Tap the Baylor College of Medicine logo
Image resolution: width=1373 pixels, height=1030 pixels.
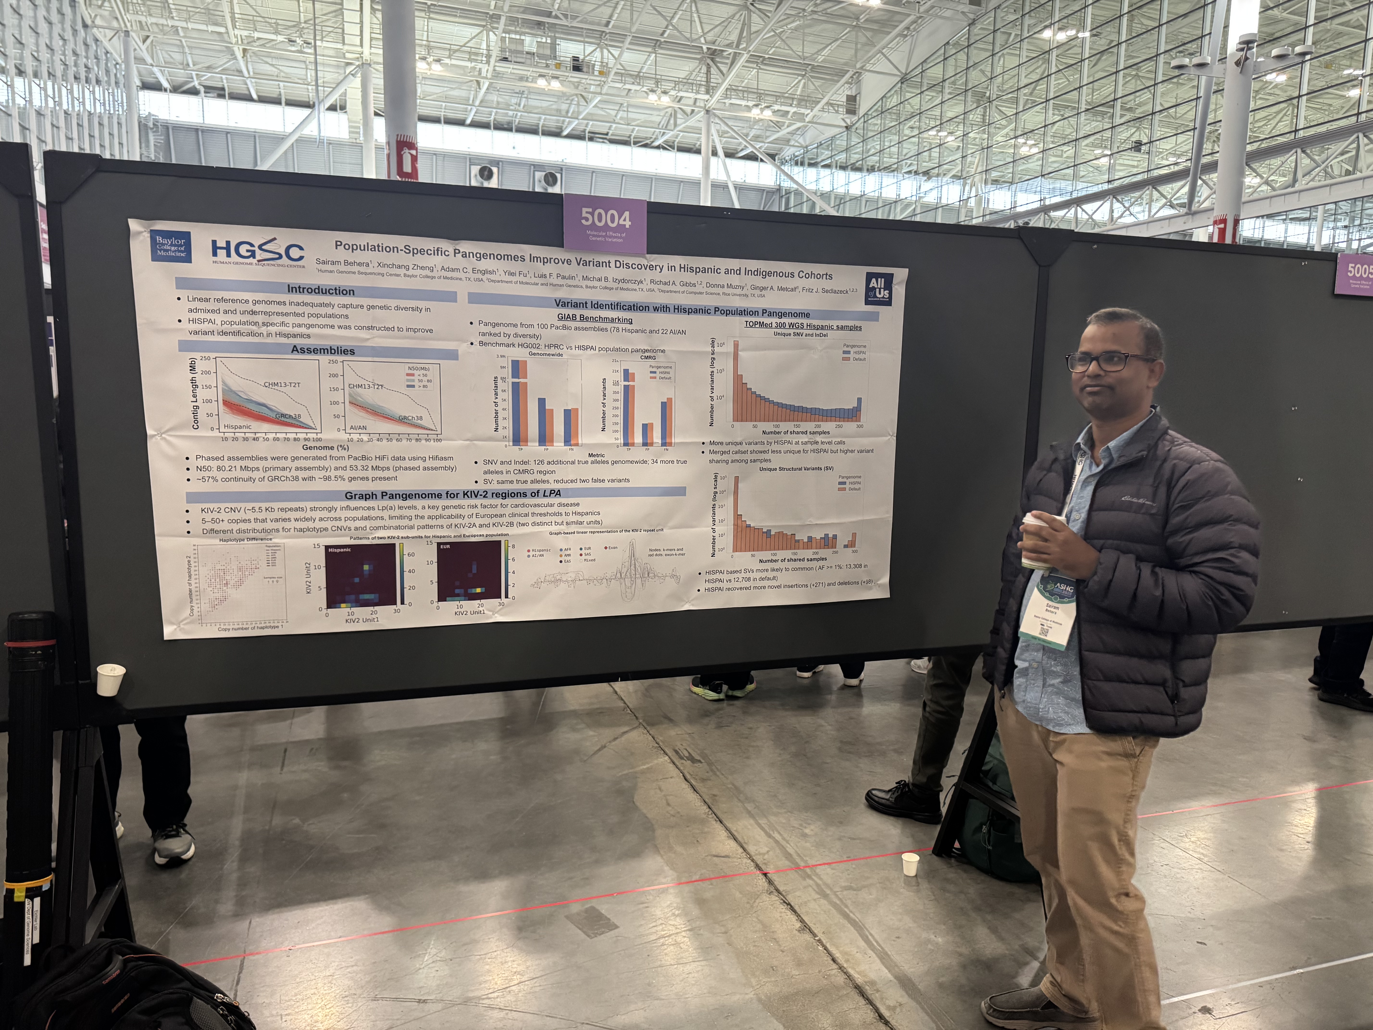pos(171,246)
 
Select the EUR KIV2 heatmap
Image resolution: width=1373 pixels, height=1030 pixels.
pos(469,571)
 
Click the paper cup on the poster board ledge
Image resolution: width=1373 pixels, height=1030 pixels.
pos(111,678)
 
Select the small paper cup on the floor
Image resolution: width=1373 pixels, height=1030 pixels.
pos(910,864)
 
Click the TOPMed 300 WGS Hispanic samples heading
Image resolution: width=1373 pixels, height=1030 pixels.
pos(803,326)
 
